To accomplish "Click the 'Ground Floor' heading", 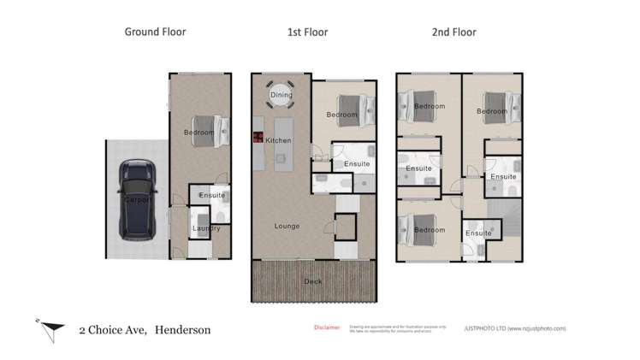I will [x=155, y=32].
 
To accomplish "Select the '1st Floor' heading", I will [x=307, y=32].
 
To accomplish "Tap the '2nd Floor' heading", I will [x=453, y=32].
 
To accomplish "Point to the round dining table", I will [x=281, y=93].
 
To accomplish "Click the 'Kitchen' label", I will [x=279, y=140].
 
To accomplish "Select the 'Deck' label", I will [x=313, y=281].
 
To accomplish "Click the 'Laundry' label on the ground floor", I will [x=207, y=228].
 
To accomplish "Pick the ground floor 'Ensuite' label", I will [x=211, y=196].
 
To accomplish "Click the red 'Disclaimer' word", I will [x=327, y=327].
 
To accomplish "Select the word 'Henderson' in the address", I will [x=182, y=329].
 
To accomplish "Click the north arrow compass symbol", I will [x=50, y=328].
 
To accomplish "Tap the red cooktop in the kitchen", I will [x=256, y=137].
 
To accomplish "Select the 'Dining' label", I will [x=281, y=96].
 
